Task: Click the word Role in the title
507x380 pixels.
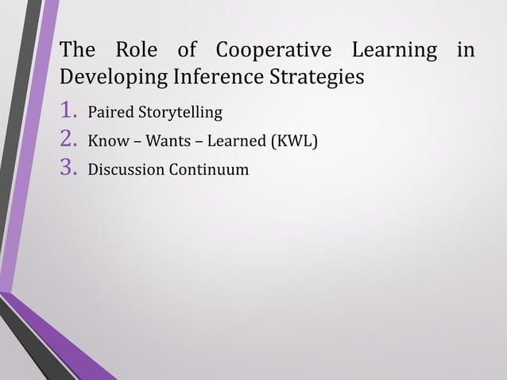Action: coord(136,51)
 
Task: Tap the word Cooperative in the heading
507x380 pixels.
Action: coord(273,51)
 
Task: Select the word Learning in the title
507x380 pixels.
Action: coord(395,51)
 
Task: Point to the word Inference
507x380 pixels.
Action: coord(209,79)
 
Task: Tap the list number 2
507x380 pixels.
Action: coord(69,142)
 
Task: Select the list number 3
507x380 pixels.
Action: coord(69,169)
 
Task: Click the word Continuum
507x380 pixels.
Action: coord(207,170)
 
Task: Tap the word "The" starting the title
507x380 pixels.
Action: coord(77,51)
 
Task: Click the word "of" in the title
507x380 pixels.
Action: coord(187,51)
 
